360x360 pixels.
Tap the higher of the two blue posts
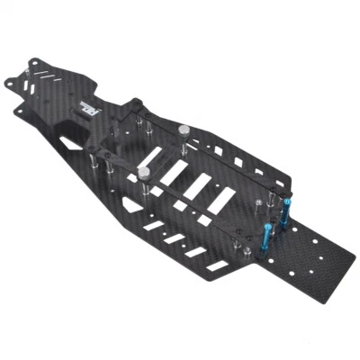(x=286, y=213)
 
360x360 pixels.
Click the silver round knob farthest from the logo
(x=143, y=171)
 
